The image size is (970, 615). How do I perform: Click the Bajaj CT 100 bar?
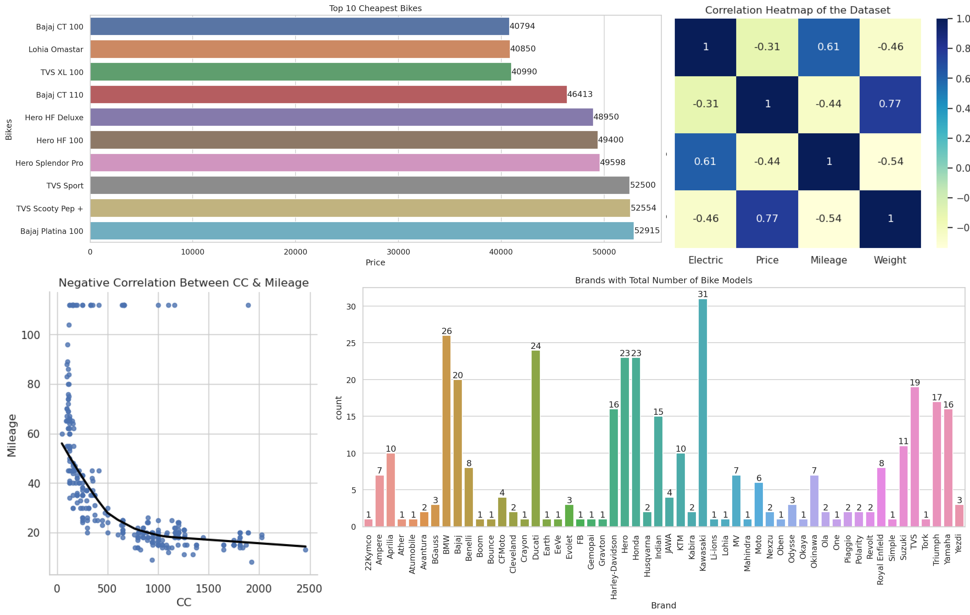pos(299,27)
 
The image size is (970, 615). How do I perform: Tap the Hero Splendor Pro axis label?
pos(49,163)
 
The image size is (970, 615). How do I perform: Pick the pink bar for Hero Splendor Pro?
pos(344,163)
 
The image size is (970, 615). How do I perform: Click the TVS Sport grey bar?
pos(359,185)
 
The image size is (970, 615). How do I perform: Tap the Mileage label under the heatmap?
pos(829,260)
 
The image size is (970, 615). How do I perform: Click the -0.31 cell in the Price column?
pos(767,47)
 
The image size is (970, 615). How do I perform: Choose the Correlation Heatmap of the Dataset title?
pos(797,10)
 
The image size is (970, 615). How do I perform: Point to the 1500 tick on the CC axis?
pos(208,589)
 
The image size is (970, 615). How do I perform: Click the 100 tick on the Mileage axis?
pos(31,335)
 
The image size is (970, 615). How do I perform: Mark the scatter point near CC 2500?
pos(305,550)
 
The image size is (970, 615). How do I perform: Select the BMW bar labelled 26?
pos(446,431)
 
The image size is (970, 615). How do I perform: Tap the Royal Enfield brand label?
pos(881,559)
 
